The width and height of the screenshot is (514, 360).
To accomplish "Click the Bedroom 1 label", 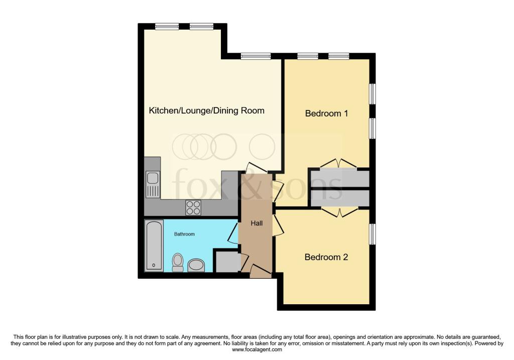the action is coord(326,113).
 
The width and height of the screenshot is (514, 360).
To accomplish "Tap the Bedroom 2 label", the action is coord(326,257).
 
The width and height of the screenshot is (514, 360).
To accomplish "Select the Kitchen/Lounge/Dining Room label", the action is coord(206,110).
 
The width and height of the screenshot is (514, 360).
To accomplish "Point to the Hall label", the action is coord(256,223).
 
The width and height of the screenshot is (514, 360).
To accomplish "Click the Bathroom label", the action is coord(184,234).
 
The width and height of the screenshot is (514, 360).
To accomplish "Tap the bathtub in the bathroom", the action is coord(154,246).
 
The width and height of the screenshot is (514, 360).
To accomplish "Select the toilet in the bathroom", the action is coord(178,262).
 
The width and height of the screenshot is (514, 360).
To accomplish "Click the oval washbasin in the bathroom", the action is coord(196,265).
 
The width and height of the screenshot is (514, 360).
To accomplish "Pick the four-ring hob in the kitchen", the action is coord(193,207).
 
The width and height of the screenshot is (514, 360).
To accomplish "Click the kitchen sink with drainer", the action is coord(153,185).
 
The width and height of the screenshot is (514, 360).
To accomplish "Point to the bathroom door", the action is coord(233,233).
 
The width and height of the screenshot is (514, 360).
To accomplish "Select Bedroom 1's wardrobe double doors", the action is coord(339,164).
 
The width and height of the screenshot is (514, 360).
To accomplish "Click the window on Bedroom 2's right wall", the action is coord(372,234).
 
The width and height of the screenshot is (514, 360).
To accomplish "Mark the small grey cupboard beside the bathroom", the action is coord(227,261).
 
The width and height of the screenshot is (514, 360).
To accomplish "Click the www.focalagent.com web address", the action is coord(257,349).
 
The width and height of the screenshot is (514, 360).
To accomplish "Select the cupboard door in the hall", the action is coord(244,262).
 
